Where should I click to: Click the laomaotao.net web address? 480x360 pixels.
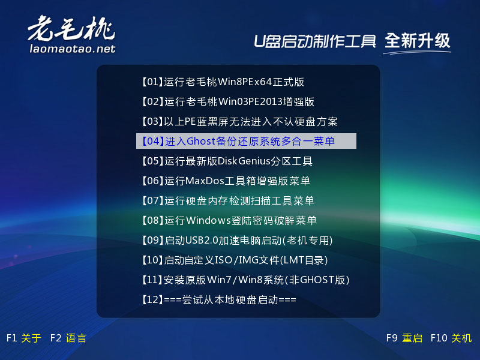click(x=73, y=49)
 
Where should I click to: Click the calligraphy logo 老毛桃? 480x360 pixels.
click(x=71, y=28)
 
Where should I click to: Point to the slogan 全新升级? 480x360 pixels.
click(x=417, y=41)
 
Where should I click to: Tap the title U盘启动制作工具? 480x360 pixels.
click(x=314, y=41)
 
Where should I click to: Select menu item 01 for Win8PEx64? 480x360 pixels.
click(x=223, y=82)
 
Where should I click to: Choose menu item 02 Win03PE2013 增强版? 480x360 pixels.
click(x=228, y=101)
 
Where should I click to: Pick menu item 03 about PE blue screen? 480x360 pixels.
click(x=239, y=122)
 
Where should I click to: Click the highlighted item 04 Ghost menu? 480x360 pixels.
click(x=246, y=141)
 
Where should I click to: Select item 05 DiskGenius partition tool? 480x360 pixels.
click(x=227, y=161)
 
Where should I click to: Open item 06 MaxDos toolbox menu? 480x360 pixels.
click(x=226, y=181)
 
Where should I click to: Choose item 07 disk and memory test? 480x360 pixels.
click(x=228, y=201)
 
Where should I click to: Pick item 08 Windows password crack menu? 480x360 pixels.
click(x=229, y=220)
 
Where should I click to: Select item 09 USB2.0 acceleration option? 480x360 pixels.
click(x=237, y=241)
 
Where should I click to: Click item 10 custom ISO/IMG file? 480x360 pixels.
click(x=235, y=260)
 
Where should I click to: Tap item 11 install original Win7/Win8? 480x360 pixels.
click(x=245, y=280)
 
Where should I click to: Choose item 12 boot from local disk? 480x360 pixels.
click(x=218, y=299)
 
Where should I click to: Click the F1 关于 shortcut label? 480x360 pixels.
click(x=23, y=338)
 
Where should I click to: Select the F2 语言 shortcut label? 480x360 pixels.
click(x=68, y=338)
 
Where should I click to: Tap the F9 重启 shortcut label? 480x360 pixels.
click(x=404, y=338)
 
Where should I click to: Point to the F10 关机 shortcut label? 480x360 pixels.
click(x=451, y=338)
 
